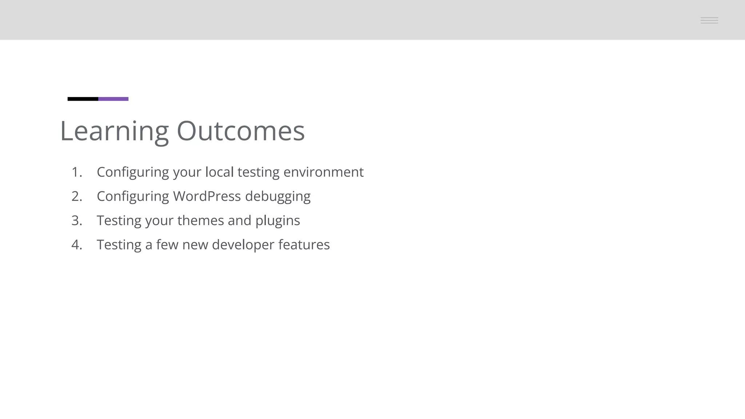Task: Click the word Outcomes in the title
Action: [240, 131]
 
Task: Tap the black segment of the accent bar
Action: [83, 99]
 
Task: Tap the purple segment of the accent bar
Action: [113, 99]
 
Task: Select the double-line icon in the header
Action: [709, 20]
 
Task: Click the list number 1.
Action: [76, 172]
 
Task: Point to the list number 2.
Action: [76, 196]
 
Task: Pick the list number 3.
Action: [76, 220]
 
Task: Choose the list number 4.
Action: [76, 245]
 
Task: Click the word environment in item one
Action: [323, 172]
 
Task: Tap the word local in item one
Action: [219, 172]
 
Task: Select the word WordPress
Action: [207, 196]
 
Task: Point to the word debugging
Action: [278, 197]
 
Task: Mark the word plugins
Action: [278, 221]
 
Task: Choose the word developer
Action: [243, 245]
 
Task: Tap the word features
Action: [304, 245]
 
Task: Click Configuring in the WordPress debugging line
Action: [133, 197]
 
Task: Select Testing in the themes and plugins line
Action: [119, 221]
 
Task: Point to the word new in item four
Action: [195, 245]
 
